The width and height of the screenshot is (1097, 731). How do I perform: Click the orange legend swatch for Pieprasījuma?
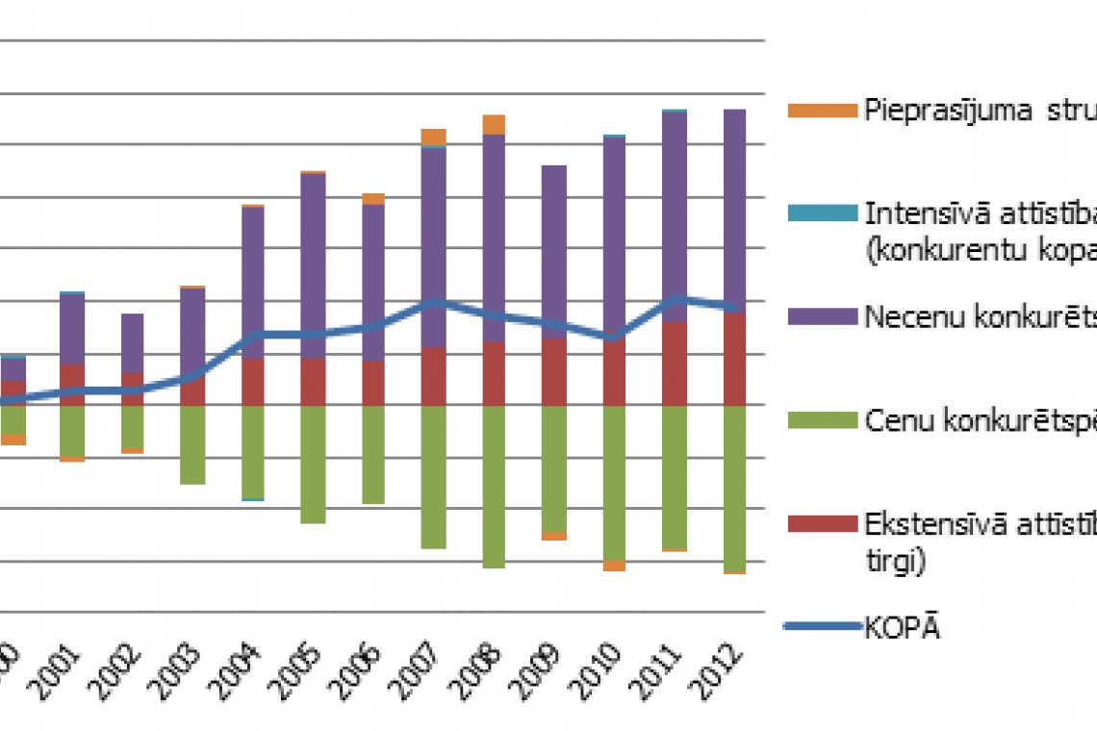point(821,111)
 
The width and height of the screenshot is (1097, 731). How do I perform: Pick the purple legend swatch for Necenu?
point(821,315)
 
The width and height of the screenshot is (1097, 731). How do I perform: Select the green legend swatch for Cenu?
point(821,419)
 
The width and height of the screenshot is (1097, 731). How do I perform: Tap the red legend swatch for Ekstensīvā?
point(821,523)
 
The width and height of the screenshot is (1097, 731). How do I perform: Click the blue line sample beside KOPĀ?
point(821,627)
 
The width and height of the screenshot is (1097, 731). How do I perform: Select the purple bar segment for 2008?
point(494,238)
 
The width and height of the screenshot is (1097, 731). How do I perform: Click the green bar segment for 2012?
point(735,488)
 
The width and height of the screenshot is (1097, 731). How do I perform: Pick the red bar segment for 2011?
point(675,364)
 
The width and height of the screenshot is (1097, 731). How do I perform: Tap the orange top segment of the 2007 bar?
point(433,137)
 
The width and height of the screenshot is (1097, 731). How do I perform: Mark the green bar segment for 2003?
point(192,444)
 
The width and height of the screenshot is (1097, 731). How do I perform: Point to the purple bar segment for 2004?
point(252,283)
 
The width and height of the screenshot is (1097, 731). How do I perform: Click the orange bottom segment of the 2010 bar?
point(614,566)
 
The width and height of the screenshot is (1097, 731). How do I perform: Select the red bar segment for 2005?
point(313,382)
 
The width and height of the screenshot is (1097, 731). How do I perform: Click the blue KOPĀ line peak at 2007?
point(434,303)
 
